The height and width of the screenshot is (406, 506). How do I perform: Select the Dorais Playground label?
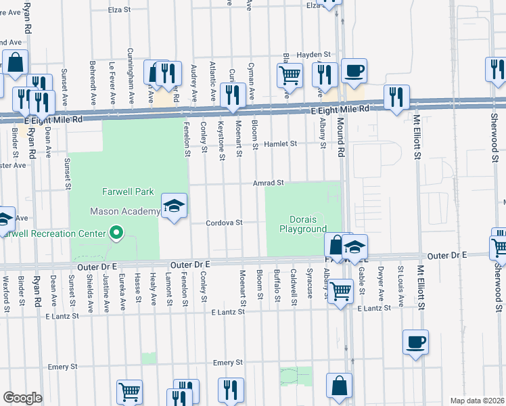[x=303, y=225]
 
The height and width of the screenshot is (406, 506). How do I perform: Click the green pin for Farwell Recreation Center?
[x=116, y=233]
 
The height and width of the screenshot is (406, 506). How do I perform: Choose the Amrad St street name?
[x=267, y=183]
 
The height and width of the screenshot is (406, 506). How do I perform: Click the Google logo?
[x=22, y=398]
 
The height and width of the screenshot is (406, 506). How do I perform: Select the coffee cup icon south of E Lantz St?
[x=415, y=342]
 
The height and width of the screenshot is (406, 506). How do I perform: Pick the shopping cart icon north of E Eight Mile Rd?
[x=290, y=74]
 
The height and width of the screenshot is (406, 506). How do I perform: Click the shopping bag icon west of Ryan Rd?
[x=16, y=62]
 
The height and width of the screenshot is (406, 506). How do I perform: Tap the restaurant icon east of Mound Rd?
[x=395, y=96]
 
